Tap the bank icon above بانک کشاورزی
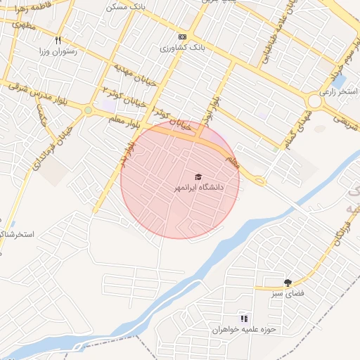pos(183,37)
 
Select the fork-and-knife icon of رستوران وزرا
pos(58,40)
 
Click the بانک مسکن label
pos(124,6)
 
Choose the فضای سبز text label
pos(287,293)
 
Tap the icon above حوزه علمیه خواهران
pos(244,319)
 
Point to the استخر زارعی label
pos(337,91)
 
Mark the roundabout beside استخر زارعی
pos(314,101)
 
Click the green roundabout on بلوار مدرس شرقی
pos(88,110)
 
